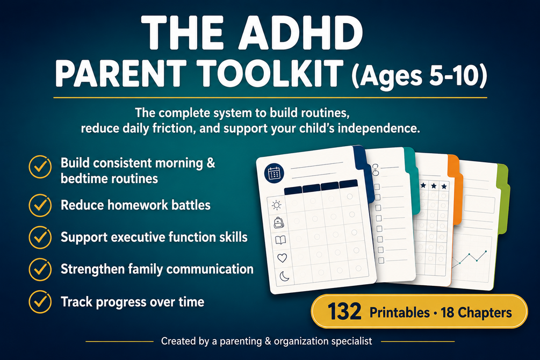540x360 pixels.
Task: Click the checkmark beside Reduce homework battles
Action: (40, 205)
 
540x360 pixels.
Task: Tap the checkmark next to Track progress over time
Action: (40, 302)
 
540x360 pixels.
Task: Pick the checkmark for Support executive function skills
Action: (40, 237)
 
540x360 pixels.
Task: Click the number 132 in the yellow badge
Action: (344, 312)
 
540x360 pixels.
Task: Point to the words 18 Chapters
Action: (476, 313)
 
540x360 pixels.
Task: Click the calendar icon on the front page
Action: (274, 172)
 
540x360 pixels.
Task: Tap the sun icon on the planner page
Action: (276, 206)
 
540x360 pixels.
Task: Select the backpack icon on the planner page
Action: (279, 222)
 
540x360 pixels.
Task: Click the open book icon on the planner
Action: (280, 240)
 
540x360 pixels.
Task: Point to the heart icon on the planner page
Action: (282, 258)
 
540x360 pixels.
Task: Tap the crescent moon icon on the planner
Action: (284, 276)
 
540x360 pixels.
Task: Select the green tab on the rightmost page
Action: (503, 199)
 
